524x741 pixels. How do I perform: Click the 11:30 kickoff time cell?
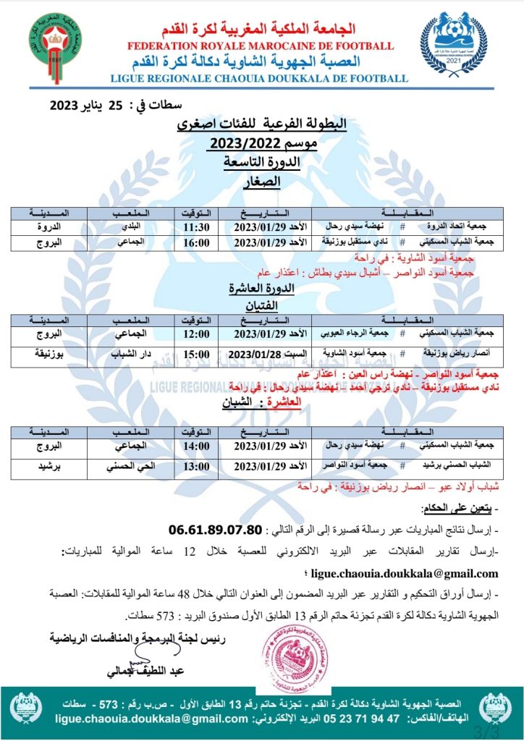pos(196,226)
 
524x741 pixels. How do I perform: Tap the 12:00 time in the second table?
pos(196,335)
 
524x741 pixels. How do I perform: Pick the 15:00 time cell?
pos(196,355)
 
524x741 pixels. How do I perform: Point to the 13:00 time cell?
pos(196,467)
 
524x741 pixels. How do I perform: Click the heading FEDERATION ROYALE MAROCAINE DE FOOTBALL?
pos(261,46)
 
